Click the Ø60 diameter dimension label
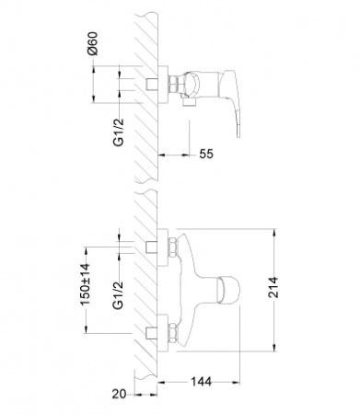click(92, 43)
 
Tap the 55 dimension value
click(206, 154)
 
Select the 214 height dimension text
click(273, 287)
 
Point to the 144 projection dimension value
click(202, 382)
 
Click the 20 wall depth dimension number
click(119, 394)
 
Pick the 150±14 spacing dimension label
click(86, 284)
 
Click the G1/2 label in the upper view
click(119, 132)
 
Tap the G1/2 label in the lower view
click(118, 295)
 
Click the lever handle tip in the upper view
click(238, 132)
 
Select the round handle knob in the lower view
click(227, 289)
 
